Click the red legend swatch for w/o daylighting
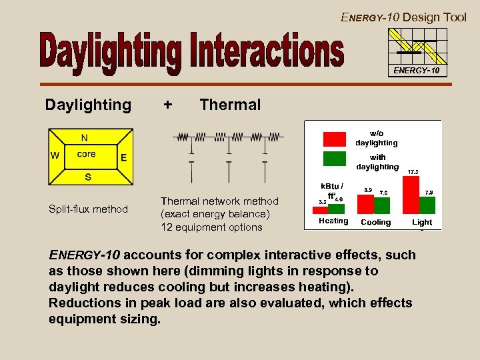[x=334, y=138]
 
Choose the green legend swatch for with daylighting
[x=334, y=158]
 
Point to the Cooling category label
[x=375, y=222]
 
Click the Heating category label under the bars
[x=333, y=221]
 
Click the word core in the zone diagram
[x=86, y=154]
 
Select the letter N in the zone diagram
[x=85, y=138]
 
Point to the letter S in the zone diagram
[x=87, y=177]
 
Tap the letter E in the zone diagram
[x=123, y=158]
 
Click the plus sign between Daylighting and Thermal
[x=167, y=105]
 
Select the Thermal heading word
[x=230, y=105]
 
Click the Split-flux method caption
[x=88, y=209]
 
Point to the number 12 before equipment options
[x=167, y=227]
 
